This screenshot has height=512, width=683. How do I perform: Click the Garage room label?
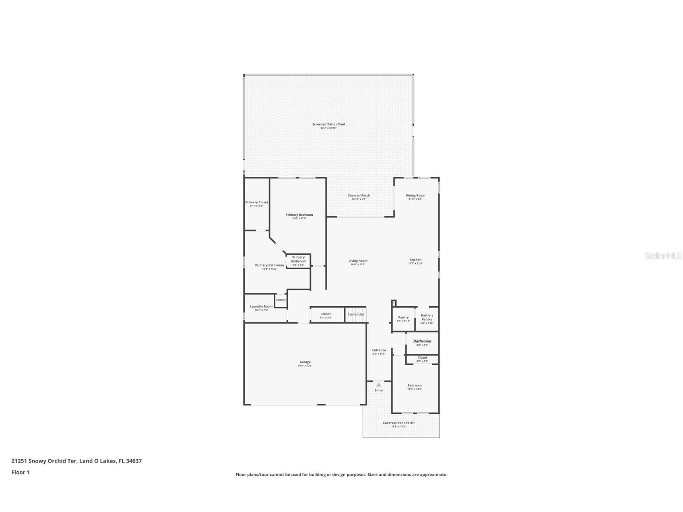[x=305, y=362]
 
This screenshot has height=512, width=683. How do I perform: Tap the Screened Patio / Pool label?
[x=328, y=124]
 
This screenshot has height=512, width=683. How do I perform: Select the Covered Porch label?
[x=359, y=196]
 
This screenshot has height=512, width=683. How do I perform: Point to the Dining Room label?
[x=415, y=196]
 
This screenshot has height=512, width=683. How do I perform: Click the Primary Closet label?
[x=257, y=202]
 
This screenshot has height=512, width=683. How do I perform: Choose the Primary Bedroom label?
[x=299, y=215]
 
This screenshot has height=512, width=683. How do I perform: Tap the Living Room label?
[x=358, y=261]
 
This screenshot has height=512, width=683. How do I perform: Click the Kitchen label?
[x=415, y=260]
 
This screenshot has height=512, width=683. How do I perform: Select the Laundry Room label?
[x=261, y=307]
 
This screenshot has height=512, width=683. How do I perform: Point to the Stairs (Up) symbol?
[x=356, y=314]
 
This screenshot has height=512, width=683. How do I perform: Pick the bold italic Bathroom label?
[x=422, y=341]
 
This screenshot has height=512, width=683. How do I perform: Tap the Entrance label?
[x=379, y=350]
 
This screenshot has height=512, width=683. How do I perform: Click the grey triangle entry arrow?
[x=378, y=385]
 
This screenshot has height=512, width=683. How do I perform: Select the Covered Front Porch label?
[x=398, y=423]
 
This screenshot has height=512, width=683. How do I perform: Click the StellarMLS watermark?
[x=662, y=256]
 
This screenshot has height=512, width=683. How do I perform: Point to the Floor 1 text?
[x=21, y=473]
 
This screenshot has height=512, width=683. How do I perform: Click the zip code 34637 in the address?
[x=134, y=461]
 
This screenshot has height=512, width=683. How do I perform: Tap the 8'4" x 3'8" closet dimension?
[x=326, y=318]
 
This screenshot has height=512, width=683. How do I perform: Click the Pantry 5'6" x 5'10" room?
[x=403, y=319]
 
